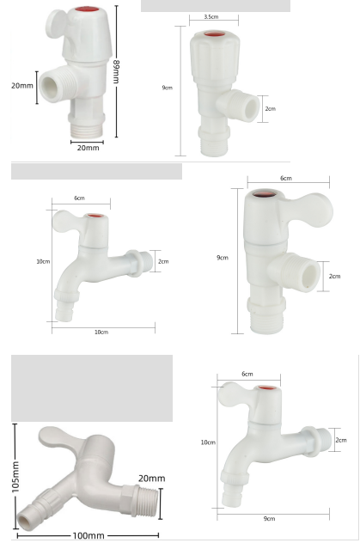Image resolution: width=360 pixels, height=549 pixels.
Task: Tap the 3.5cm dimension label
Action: pos(211,17)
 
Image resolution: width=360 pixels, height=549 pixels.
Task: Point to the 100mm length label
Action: pos(88,536)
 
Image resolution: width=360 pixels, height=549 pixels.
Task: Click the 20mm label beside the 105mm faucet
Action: pos(151,478)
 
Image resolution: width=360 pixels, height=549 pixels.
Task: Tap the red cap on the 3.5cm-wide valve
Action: pos(212,36)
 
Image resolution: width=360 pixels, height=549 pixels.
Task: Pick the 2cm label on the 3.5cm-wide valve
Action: pos(271,109)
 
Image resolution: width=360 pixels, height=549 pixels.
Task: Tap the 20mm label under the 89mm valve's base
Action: pos(88,148)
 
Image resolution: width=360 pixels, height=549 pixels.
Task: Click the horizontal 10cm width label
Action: pos(101,332)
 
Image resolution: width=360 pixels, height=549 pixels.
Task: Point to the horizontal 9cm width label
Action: pos(270,517)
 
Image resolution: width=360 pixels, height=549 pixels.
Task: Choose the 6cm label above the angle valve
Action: pos(286,178)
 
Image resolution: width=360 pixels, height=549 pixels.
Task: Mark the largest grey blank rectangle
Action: pos(92,387)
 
